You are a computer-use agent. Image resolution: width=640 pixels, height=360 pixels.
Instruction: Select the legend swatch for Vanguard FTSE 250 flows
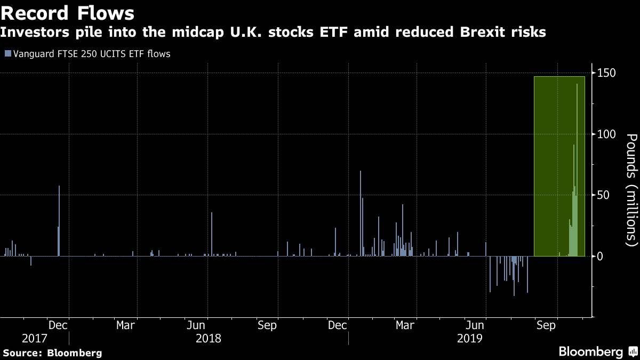(x=7, y=54)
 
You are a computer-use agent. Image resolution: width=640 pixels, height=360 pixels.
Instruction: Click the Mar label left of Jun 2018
(x=126, y=325)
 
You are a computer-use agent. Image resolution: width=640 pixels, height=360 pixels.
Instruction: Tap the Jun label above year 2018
(x=197, y=325)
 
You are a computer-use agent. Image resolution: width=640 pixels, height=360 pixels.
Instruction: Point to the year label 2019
(x=469, y=338)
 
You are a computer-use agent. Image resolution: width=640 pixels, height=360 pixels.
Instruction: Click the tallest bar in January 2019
(x=361, y=213)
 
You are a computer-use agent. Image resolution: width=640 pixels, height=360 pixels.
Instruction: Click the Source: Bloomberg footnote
(x=52, y=353)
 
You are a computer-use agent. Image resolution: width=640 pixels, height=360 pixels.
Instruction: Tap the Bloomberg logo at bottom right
(x=597, y=352)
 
